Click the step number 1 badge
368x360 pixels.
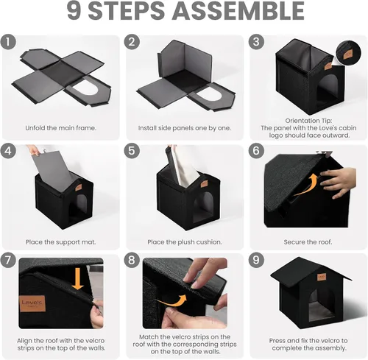8,42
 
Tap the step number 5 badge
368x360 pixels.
132,151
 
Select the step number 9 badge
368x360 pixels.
256,260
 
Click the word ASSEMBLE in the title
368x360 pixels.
238,11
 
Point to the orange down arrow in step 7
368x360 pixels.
78,278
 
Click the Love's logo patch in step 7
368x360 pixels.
32,303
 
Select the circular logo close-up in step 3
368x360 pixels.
348,53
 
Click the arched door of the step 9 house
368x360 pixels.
319,304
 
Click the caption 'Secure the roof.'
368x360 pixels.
308,242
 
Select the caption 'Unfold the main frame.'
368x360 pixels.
60,128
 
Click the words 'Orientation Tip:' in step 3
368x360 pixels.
308,121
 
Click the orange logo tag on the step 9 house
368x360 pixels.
322,277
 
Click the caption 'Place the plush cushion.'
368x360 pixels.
185,242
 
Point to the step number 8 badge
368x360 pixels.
132,260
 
